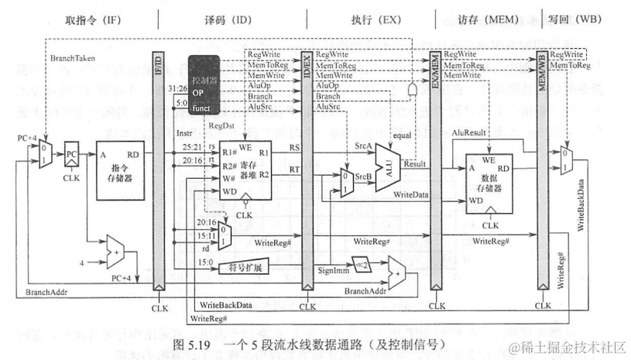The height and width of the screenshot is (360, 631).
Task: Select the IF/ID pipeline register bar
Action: pyautogui.click(x=159, y=170)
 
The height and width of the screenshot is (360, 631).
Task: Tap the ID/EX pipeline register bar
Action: pyautogui.click(x=307, y=170)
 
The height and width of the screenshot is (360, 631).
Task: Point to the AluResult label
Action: pyautogui.click(x=468, y=133)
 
